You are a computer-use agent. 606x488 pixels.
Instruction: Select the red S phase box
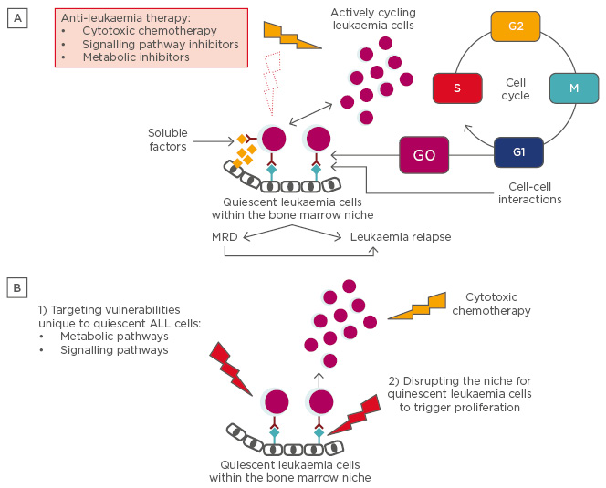click(456, 88)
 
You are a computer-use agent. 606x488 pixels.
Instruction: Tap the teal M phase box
click(574, 88)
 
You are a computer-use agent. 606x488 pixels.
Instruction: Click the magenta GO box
click(423, 155)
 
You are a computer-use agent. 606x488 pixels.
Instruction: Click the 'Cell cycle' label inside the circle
click(515, 88)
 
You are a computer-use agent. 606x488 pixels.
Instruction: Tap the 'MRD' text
click(225, 237)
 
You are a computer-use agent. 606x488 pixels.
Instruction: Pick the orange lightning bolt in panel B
click(418, 306)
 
